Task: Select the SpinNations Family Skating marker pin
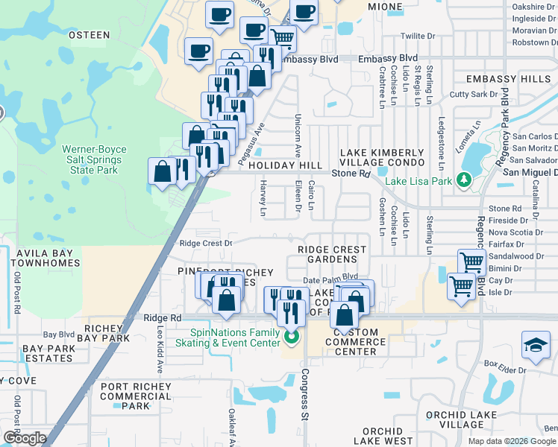292,339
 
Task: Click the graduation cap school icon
536,343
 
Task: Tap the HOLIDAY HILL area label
286,165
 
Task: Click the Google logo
24,438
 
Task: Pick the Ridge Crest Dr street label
207,243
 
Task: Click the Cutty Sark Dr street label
473,95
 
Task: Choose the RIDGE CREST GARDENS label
332,254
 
